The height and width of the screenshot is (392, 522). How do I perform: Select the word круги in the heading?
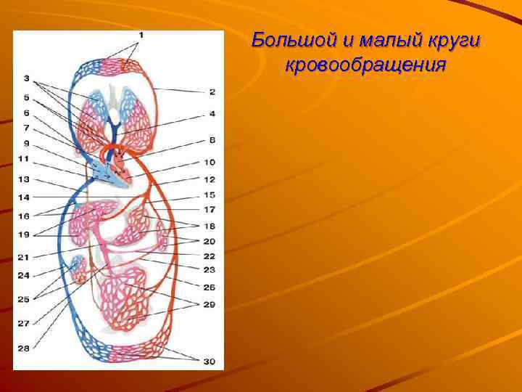[x=448, y=41]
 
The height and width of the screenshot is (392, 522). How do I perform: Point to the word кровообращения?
[x=365, y=65]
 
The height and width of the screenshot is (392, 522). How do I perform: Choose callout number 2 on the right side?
[x=212, y=91]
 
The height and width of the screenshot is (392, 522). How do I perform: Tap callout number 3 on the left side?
[x=26, y=78]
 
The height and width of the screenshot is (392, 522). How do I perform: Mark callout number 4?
[x=212, y=114]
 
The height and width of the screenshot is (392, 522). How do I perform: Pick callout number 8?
[x=212, y=139]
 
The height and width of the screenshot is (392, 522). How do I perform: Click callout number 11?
[x=24, y=158]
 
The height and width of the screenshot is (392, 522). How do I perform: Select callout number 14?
[x=24, y=197]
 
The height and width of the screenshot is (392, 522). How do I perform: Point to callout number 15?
[x=210, y=195]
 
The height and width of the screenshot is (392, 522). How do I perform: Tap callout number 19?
[x=24, y=234]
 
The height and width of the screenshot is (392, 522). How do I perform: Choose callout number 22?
[x=210, y=256]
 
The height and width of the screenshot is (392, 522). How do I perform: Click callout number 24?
[x=24, y=275]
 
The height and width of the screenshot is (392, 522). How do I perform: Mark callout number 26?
[x=210, y=287]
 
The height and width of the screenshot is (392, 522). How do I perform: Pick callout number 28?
[x=24, y=348]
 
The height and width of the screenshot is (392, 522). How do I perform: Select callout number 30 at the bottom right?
[x=210, y=361]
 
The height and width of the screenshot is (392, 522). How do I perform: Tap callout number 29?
[x=210, y=304]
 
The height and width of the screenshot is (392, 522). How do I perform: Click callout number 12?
[x=210, y=179]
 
